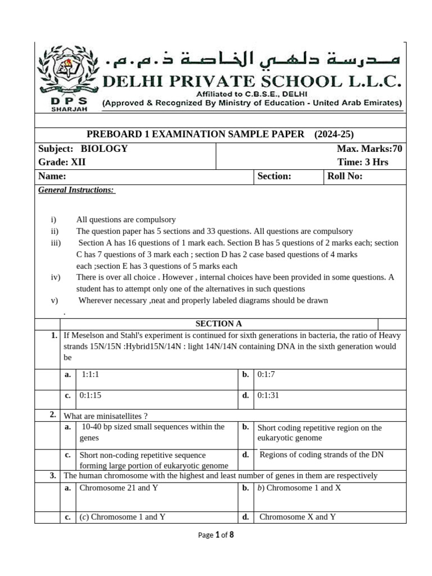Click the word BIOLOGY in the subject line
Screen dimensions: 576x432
(104, 149)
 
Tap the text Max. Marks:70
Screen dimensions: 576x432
(370, 149)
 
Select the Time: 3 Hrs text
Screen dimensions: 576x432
(363, 163)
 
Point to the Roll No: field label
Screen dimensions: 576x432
(345, 177)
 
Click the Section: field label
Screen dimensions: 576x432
(274, 177)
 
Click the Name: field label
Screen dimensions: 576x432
(52, 177)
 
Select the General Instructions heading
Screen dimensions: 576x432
(76, 190)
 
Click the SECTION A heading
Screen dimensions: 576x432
(219, 323)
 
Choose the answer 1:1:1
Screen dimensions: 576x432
(90, 374)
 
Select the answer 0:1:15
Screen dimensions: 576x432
(91, 395)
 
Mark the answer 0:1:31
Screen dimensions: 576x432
(268, 395)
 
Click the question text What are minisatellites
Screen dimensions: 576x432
(106, 416)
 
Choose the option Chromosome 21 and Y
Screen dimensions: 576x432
(119, 488)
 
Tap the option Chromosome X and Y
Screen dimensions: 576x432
(298, 516)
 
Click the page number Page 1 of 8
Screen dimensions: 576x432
(216, 535)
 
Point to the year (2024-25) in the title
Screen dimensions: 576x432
(334, 134)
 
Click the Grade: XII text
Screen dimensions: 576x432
(62, 163)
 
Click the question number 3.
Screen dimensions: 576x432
(52, 476)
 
